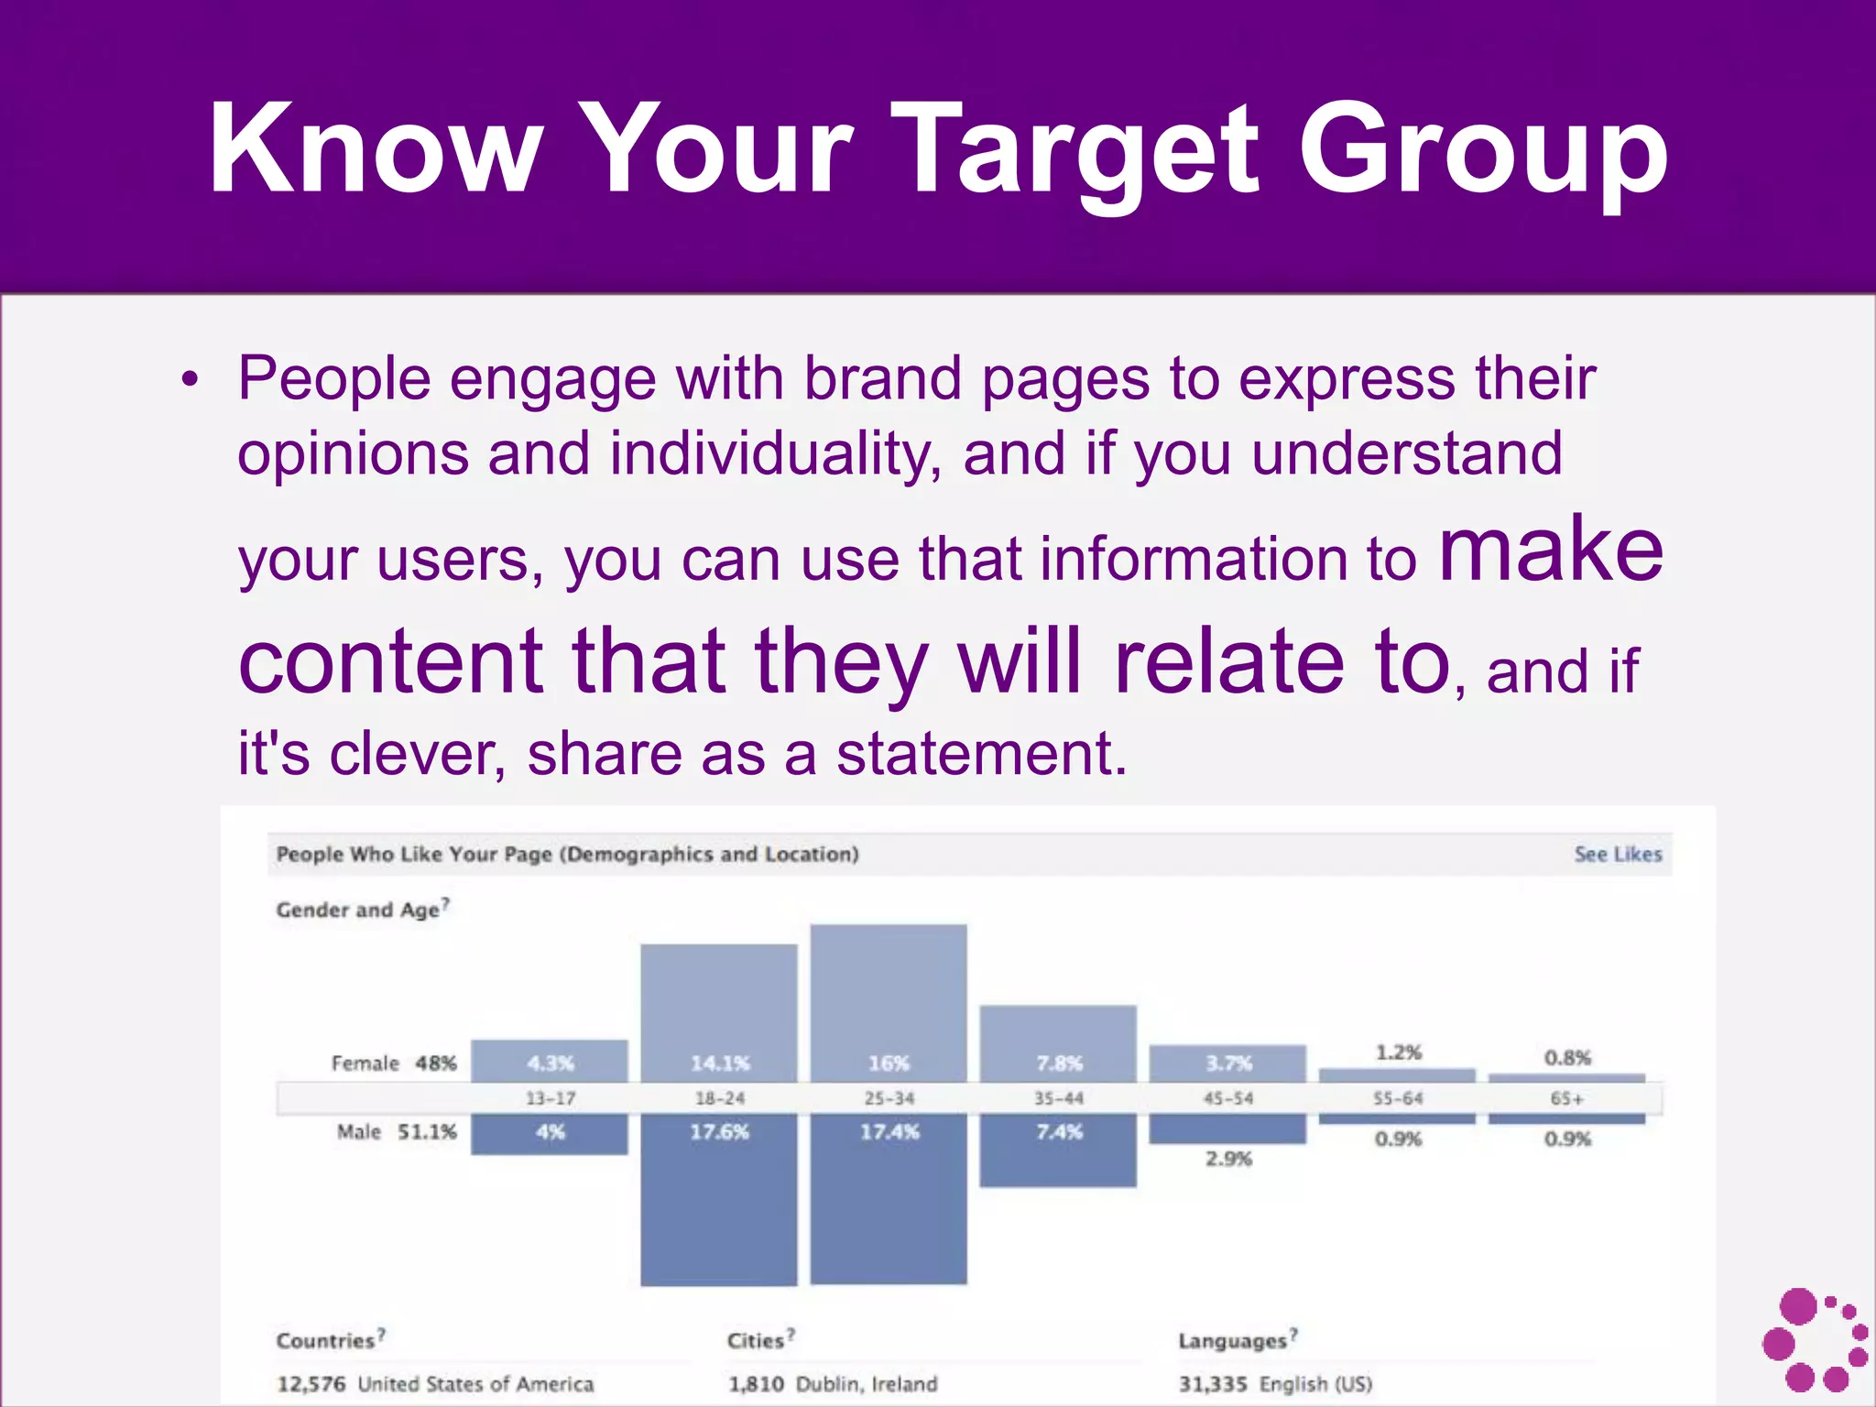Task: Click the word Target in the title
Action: [x=1081, y=151]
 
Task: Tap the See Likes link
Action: [x=1617, y=854]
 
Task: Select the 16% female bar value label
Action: [x=889, y=1063]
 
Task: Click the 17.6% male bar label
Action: [x=719, y=1132]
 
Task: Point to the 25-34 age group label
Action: [x=889, y=1098]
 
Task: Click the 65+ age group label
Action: [x=1566, y=1098]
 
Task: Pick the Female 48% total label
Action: [x=394, y=1063]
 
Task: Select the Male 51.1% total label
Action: [x=397, y=1132]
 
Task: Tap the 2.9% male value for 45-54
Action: [x=1228, y=1159]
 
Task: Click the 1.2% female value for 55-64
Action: [x=1398, y=1053]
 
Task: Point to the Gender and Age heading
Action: [x=359, y=910]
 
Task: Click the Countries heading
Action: [x=327, y=1340]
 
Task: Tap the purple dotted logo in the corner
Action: [x=1814, y=1339]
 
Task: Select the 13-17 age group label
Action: [x=550, y=1098]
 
